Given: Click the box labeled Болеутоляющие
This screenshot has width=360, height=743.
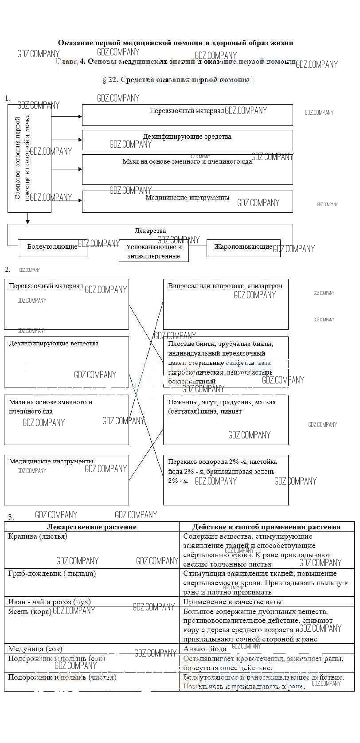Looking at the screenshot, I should click(x=52, y=247).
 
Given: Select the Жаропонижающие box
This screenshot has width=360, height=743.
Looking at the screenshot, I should click(x=243, y=247).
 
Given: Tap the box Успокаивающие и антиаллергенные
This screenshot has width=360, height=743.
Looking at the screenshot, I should click(x=153, y=251).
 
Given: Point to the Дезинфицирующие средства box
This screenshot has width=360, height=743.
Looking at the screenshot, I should click(x=187, y=139).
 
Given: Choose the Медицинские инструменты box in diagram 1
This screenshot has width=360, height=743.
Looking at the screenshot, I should click(x=187, y=201).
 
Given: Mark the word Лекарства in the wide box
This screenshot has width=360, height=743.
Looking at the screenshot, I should click(x=150, y=231).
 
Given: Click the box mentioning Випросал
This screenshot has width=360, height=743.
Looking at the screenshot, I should click(x=225, y=304).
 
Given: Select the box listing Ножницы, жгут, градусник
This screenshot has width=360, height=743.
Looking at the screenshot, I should click(x=225, y=419).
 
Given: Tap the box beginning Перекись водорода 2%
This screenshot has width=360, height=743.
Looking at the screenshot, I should click(x=225, y=479).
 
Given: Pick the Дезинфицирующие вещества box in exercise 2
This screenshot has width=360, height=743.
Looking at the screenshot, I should click(x=67, y=361).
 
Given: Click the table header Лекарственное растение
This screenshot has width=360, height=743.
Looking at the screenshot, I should click(x=92, y=527).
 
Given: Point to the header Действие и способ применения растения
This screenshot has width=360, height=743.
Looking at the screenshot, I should click(x=266, y=527).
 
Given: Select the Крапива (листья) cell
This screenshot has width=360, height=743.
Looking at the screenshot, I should click(x=92, y=550).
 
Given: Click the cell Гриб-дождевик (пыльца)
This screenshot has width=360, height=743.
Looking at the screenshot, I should click(x=92, y=583).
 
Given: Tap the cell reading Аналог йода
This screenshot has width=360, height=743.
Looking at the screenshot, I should click(x=266, y=649).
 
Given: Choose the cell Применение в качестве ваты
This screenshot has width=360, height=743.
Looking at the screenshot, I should click(x=266, y=602).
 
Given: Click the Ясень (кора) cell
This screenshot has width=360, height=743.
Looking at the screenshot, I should click(x=92, y=625).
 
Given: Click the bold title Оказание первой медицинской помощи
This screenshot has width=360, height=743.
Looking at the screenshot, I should click(x=176, y=43).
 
